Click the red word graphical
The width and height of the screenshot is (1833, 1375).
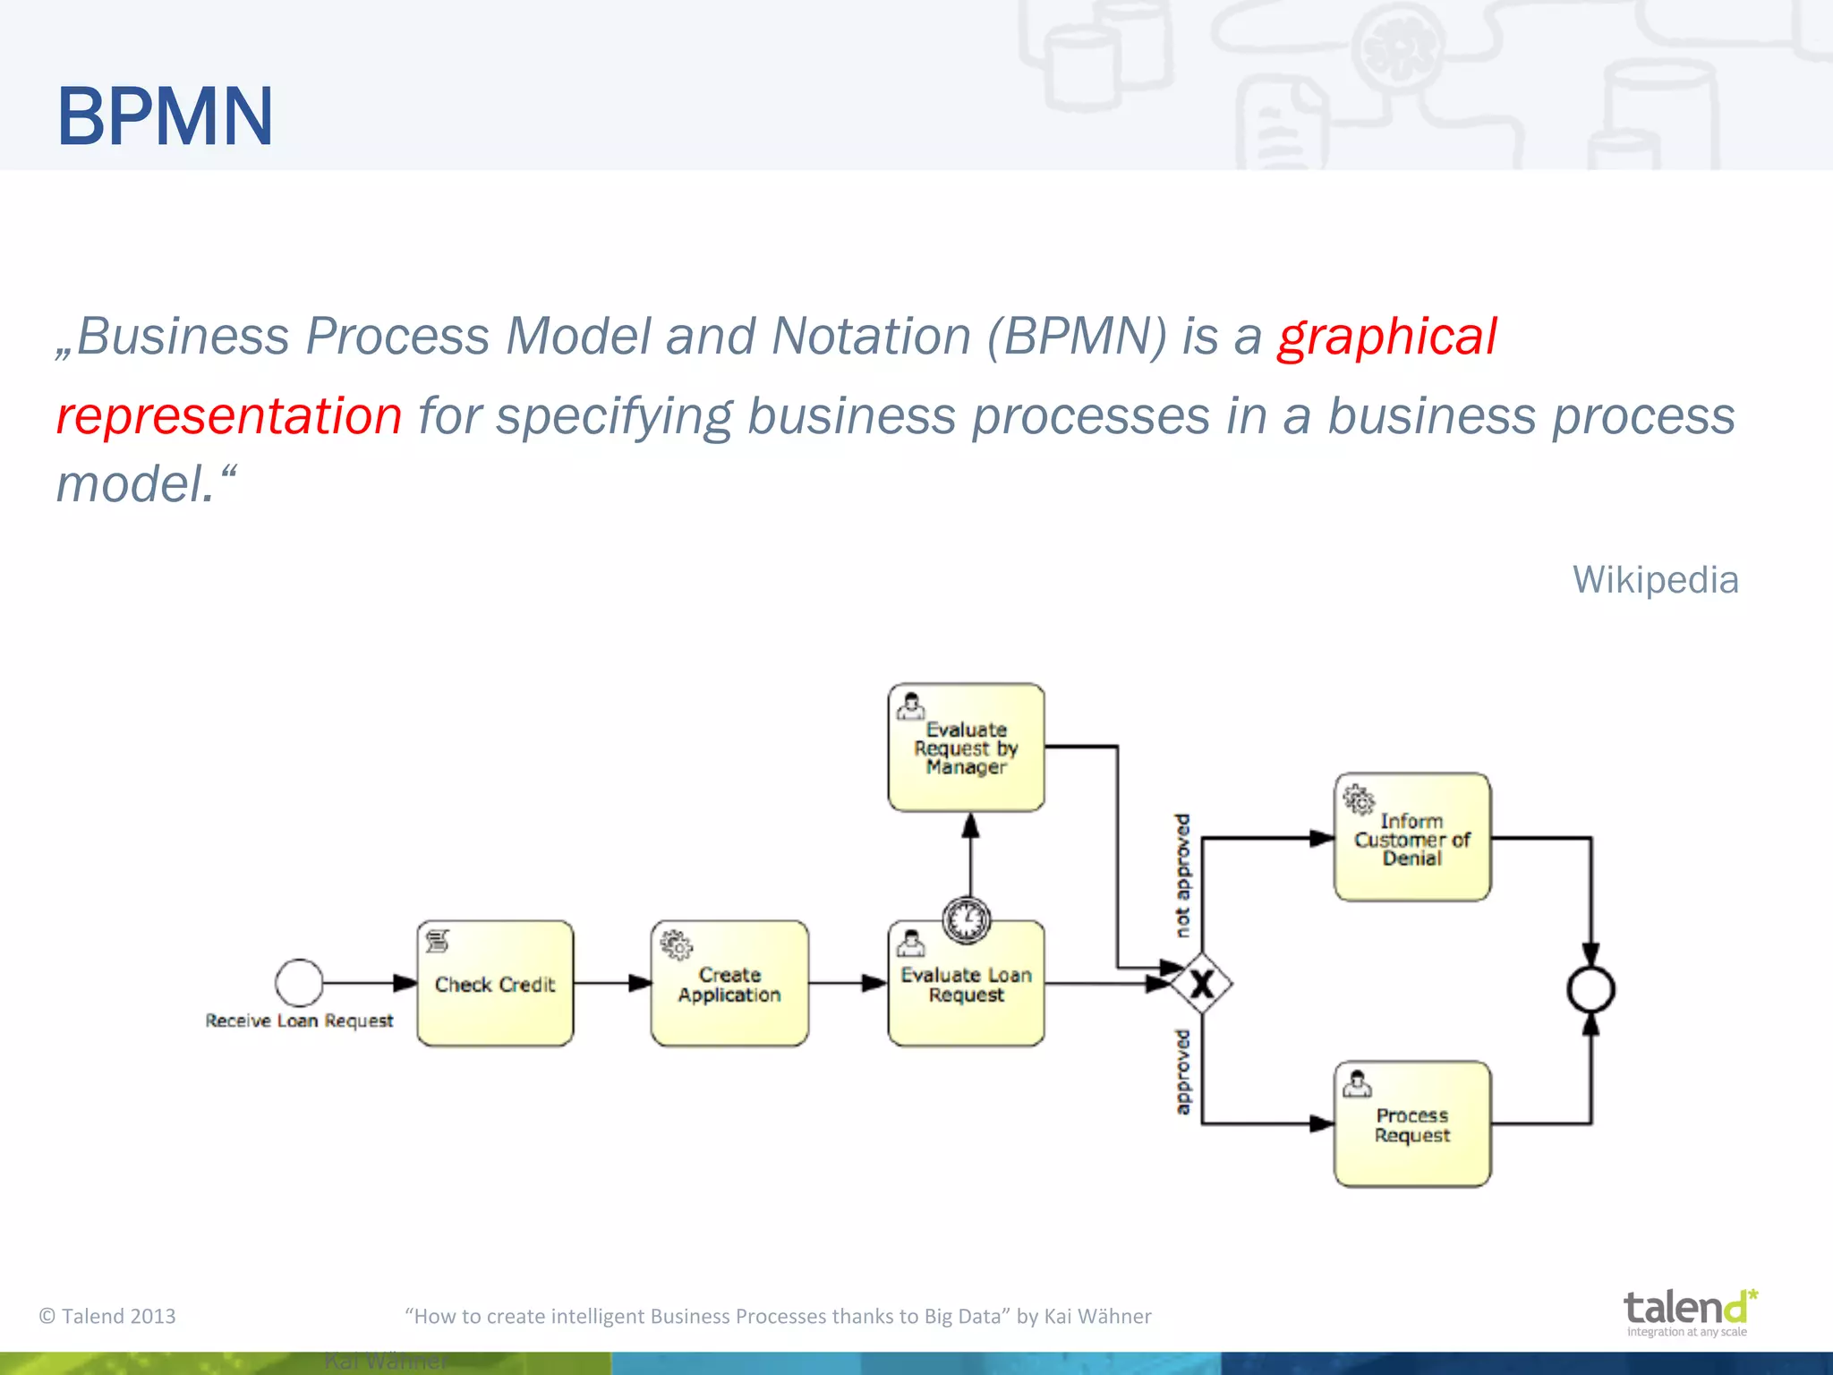[x=1386, y=337]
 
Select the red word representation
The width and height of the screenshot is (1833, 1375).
[x=229, y=416]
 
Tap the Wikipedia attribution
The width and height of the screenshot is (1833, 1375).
[x=1655, y=580]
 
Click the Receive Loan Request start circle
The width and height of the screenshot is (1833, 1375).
[x=299, y=983]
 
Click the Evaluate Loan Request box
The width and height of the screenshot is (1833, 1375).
[x=966, y=994]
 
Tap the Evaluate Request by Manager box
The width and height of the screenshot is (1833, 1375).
[x=966, y=748]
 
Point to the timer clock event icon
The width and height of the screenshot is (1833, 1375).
[x=967, y=919]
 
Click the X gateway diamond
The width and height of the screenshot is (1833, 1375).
[x=1202, y=984]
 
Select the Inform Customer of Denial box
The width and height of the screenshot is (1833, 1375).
[x=1411, y=839]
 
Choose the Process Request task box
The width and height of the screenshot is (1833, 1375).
[x=1411, y=1125]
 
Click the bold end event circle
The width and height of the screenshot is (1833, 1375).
[x=1590, y=990]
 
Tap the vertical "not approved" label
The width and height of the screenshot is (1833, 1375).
[x=1182, y=875]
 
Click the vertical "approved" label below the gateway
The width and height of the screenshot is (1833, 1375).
[x=1182, y=1072]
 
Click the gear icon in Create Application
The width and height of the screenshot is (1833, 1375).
[x=677, y=945]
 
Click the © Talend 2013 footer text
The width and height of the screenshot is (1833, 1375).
[x=107, y=1316]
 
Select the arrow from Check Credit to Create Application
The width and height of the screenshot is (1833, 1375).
[x=612, y=983]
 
